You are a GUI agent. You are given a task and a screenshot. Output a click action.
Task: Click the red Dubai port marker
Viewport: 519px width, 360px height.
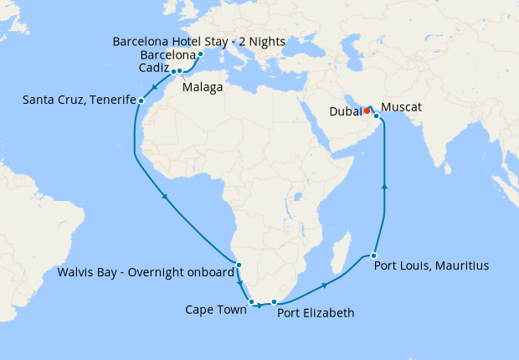coord(367,109)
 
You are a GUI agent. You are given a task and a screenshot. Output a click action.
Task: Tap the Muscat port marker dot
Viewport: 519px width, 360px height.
coord(377,116)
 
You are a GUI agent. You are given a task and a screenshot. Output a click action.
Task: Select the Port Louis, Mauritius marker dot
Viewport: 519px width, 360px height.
coord(374,255)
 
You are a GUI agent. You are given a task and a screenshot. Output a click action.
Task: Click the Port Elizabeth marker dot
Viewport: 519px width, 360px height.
coord(275,301)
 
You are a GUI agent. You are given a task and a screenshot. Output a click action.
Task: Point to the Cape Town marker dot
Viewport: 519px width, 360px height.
coord(251,301)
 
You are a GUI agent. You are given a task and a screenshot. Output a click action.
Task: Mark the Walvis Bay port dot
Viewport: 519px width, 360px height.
coord(239,265)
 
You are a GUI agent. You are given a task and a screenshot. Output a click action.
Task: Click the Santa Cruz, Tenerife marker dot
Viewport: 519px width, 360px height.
coord(141,101)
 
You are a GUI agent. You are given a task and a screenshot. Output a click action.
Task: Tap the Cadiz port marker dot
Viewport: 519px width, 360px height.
coord(174,71)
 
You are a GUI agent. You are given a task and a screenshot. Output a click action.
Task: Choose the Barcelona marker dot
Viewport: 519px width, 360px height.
coord(201,54)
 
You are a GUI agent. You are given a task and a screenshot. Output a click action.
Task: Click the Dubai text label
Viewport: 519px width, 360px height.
coord(346,110)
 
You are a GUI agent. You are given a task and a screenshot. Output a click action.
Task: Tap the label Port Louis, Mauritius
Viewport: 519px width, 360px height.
coord(432,266)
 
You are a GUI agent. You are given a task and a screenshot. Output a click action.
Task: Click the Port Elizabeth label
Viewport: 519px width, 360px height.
coord(316,314)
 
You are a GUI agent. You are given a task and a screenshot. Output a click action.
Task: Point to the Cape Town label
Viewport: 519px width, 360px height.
coord(215,310)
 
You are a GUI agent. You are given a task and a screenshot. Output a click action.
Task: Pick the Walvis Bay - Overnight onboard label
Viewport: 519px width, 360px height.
coord(146,272)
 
